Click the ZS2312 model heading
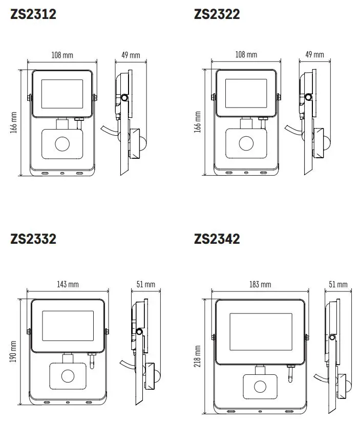(x=33, y=14)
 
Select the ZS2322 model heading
(x=217, y=14)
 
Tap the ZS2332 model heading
(x=33, y=239)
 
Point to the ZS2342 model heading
(x=217, y=239)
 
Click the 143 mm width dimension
(x=68, y=284)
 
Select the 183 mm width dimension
(x=260, y=284)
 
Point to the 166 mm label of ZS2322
(x=197, y=123)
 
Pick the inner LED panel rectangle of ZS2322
(x=246, y=94)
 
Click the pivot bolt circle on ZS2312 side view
(x=124, y=98)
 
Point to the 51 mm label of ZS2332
(x=146, y=284)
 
